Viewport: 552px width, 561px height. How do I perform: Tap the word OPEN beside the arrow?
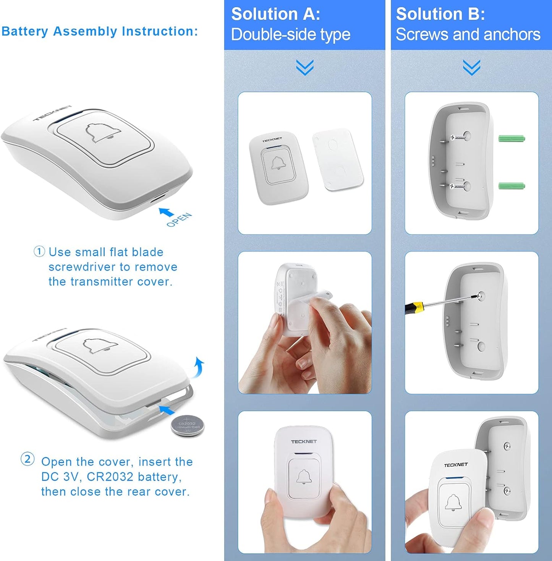[179, 220]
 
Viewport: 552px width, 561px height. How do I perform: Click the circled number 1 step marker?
[39, 251]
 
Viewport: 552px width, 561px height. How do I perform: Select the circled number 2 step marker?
[28, 459]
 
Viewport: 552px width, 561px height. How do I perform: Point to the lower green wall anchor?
[512, 185]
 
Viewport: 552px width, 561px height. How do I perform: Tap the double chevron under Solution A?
[304, 68]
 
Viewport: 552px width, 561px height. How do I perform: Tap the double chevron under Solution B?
[471, 68]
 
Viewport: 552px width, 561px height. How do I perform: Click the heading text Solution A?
[275, 14]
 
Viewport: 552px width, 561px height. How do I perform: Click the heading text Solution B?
[440, 14]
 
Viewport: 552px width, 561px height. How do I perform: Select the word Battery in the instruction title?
[25, 31]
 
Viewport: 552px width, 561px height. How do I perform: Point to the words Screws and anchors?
[468, 34]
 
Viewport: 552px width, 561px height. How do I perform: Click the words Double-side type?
[291, 35]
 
